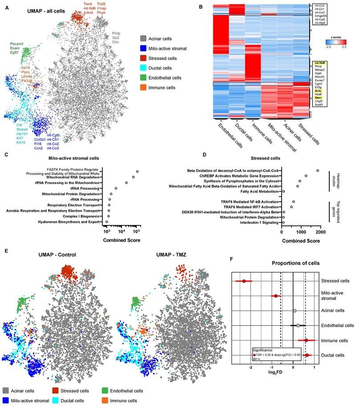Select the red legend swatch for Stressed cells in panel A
143,58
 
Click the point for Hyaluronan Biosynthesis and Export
106,221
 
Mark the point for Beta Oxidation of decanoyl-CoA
317,170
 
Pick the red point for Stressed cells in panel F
244,281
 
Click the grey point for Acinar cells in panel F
295,310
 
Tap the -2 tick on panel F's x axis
251,368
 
